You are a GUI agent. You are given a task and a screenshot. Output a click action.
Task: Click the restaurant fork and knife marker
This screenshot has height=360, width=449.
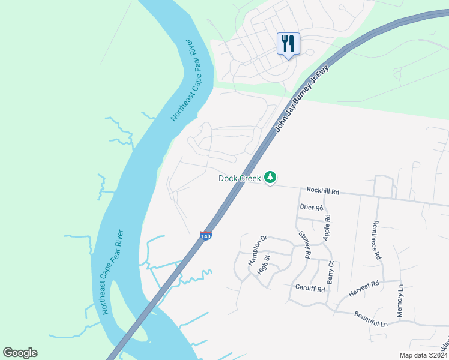pos(288,44)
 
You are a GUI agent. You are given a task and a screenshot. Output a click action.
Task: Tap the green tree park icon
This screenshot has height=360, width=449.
pos(271,177)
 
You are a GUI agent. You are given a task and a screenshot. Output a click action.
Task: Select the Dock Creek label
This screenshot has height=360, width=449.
pos(240,178)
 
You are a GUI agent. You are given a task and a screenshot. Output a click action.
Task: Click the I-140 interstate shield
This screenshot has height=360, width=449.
pos(205,236)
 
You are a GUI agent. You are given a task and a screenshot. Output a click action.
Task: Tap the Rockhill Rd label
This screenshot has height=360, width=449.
pos(323,191)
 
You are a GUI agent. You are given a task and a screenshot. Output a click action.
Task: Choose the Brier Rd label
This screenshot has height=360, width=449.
pos(311,208)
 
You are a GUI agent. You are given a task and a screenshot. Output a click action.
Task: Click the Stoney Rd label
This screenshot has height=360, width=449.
pos(304,245)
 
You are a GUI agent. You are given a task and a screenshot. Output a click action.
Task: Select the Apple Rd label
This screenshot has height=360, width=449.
pos(327,228)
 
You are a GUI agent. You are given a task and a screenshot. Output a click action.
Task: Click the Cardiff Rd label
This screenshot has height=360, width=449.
pos(310,289)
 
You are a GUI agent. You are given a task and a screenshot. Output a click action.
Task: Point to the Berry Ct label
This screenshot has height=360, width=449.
pos(330,272)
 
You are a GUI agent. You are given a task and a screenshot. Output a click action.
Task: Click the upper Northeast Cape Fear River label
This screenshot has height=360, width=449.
pos(183,80)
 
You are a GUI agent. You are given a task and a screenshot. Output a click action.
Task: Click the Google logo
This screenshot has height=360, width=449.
pos(20,353)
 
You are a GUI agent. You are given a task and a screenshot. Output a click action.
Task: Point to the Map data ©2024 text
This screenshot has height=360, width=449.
pos(423,355)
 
